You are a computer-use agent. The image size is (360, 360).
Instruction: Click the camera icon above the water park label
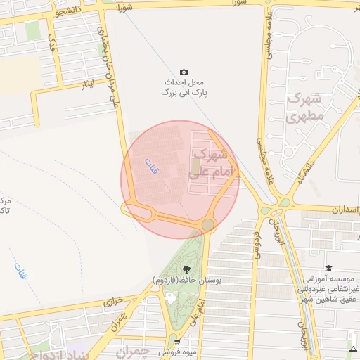pyautogui.click(x=184, y=72)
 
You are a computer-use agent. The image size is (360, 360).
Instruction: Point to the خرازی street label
pyautogui.click(x=113, y=300)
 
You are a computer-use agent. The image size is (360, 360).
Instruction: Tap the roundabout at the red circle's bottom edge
pyautogui.click(x=208, y=224)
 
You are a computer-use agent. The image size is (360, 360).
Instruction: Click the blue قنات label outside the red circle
pyautogui.click(x=20, y=271)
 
